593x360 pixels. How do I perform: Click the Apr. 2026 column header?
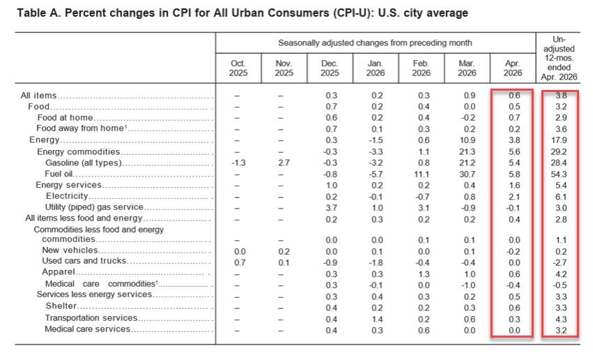point(513,68)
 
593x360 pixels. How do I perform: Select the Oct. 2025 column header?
point(238,68)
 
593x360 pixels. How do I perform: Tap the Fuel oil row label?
point(59,174)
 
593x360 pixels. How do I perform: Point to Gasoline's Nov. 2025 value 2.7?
point(284,163)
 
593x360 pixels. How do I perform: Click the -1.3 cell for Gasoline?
point(239,163)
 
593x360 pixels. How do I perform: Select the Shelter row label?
point(61,306)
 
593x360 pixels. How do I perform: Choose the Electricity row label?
point(67,196)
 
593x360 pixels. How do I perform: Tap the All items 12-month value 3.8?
point(561,96)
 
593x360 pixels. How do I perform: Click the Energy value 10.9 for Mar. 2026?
point(467,140)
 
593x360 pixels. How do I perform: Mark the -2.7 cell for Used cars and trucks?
point(560,263)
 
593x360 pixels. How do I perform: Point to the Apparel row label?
point(59,272)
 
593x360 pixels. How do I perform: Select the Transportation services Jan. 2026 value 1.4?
point(377,320)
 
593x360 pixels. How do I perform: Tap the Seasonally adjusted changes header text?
point(375,43)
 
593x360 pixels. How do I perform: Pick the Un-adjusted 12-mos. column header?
point(559,58)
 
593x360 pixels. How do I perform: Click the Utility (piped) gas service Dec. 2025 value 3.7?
point(331,208)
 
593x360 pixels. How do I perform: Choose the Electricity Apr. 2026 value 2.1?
point(514,197)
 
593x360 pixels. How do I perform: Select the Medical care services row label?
point(87,329)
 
